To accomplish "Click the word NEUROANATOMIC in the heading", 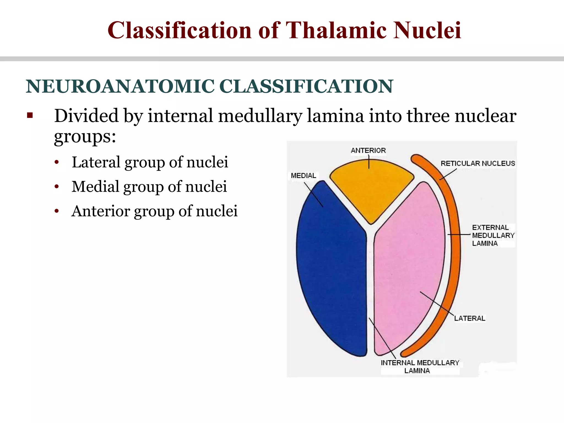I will [120, 86].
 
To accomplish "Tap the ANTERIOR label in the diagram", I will [368, 151].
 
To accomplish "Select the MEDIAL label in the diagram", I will [303, 176].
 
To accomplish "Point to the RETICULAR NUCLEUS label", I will [478, 164].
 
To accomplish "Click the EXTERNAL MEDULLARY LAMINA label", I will [493, 235].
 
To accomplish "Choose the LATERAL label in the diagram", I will [470, 318].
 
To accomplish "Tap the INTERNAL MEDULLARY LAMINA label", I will [420, 367].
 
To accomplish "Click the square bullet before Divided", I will [30, 115].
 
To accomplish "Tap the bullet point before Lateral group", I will [56, 162].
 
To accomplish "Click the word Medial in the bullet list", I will [95, 187].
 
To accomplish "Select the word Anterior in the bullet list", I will [101, 211].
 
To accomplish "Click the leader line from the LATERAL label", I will [436, 303].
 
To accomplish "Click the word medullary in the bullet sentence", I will [260, 116].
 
